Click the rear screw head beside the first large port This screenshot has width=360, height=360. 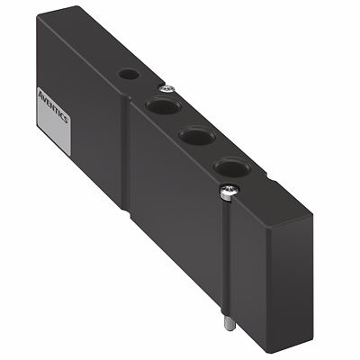coord(167,87)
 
